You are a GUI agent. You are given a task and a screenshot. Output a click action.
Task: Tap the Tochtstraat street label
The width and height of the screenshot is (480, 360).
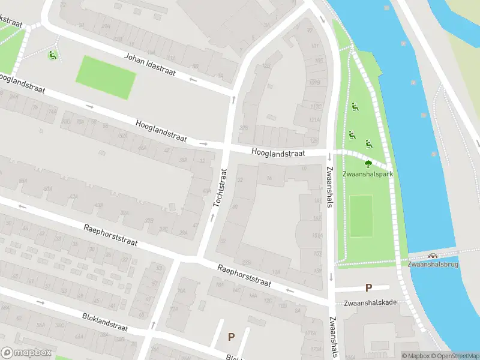coord(220,188)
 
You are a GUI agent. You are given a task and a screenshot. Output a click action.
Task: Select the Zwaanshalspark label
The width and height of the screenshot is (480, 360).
coord(367,174)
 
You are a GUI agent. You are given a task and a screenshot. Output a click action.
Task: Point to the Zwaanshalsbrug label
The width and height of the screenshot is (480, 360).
coord(433,264)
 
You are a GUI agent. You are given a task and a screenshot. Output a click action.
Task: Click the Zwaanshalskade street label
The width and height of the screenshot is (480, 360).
coord(366,302)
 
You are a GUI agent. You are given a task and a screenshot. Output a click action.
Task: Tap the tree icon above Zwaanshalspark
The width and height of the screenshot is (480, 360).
coord(368,163)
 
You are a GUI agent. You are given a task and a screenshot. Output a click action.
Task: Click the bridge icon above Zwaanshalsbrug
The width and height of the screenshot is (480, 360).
coord(433,254)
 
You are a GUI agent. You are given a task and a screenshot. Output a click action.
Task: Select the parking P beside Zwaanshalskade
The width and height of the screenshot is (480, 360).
coord(368,288)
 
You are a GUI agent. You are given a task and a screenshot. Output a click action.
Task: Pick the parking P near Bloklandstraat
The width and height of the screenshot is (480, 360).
coord(231,337)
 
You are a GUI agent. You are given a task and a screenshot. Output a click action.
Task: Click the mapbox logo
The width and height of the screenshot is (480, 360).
coord(25,353)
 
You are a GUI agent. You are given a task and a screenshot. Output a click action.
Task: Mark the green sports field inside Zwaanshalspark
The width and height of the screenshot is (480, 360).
coord(361,215)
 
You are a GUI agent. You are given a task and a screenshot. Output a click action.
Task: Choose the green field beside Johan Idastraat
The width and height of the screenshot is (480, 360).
coord(106,77)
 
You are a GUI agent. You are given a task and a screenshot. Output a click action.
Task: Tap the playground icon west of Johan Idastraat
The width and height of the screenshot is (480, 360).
coord(53,56)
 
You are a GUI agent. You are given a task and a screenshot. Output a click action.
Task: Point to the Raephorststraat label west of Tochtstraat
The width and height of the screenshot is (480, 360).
coord(110,235)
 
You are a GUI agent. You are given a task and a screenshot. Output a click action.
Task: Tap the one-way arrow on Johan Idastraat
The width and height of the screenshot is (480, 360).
coord(193,79)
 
